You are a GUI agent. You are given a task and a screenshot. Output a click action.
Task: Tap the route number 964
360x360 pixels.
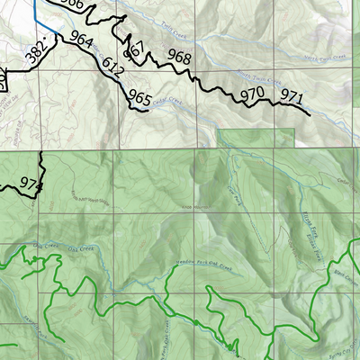click(80, 40)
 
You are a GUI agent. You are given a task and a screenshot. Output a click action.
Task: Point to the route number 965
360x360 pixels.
click(139, 95)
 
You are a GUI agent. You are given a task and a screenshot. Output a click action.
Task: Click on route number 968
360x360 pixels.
click(179, 58)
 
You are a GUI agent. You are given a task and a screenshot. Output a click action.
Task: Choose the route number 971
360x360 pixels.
click(290, 95)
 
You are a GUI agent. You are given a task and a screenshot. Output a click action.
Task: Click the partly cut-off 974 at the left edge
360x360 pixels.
click(31, 184)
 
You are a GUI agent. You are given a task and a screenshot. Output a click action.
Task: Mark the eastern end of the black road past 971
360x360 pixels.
click(310, 115)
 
